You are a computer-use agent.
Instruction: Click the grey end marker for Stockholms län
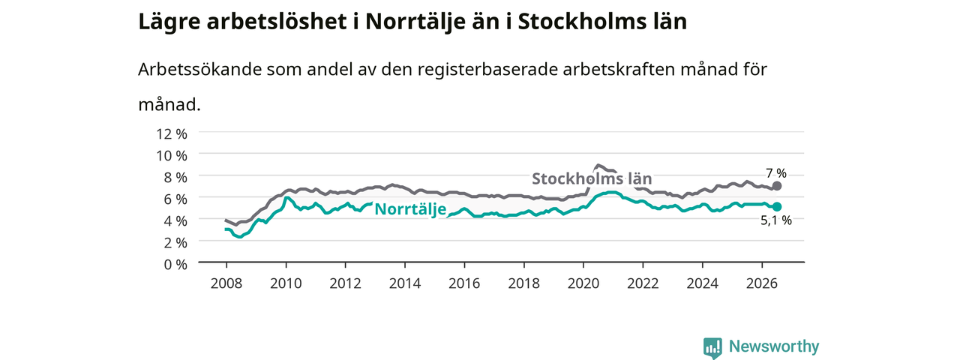coord(776,186)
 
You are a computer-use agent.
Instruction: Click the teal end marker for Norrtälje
coord(776,206)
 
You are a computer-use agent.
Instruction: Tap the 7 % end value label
coord(776,173)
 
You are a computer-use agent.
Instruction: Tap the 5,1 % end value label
coord(776,220)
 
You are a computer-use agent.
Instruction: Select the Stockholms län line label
coord(592,178)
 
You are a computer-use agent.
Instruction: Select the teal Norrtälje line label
coord(410,209)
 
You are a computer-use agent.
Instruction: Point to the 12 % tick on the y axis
coord(172,133)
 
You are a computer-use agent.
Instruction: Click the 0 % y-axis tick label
coord(175,265)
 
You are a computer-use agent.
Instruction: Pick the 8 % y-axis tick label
coord(175,178)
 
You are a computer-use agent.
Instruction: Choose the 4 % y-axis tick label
coord(175,220)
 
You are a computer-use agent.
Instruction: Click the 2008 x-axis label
coord(226,283)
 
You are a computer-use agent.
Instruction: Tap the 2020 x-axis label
coord(583,283)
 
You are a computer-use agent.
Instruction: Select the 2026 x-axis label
coord(762,283)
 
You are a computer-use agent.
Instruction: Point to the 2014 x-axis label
coord(405,283)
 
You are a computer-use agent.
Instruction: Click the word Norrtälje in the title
coord(415,22)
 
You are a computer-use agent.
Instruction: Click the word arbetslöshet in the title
coord(277,22)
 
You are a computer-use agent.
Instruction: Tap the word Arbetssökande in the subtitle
coord(199,69)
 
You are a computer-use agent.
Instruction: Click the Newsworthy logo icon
coord(712,347)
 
